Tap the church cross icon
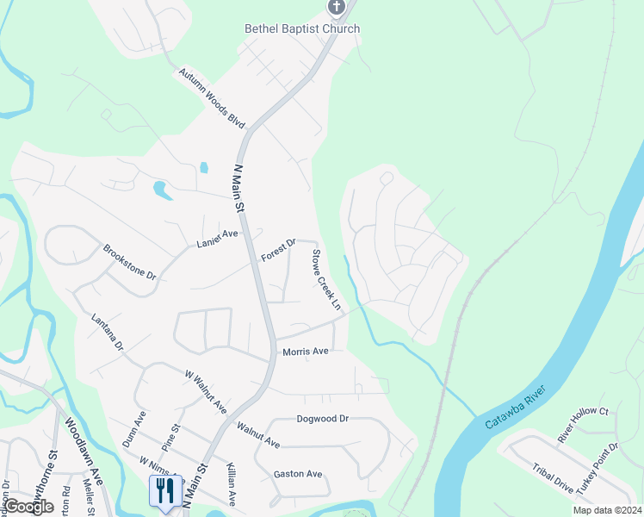click(x=336, y=8)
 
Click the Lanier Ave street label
click(x=217, y=239)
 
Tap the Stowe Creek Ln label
click(x=325, y=280)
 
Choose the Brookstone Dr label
click(x=129, y=264)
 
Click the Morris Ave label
click(x=306, y=352)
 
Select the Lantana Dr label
click(x=108, y=333)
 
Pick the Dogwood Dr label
click(x=321, y=419)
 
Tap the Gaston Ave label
click(x=297, y=474)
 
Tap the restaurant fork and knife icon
click(x=162, y=490)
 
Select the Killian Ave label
click(x=230, y=483)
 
